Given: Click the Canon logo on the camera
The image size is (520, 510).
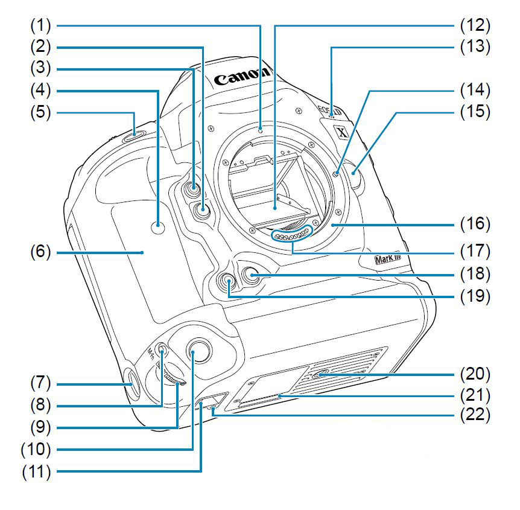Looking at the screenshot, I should click(241, 76).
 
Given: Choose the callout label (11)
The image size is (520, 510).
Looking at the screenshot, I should click(42, 471).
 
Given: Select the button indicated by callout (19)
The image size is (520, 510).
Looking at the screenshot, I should click(229, 282).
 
